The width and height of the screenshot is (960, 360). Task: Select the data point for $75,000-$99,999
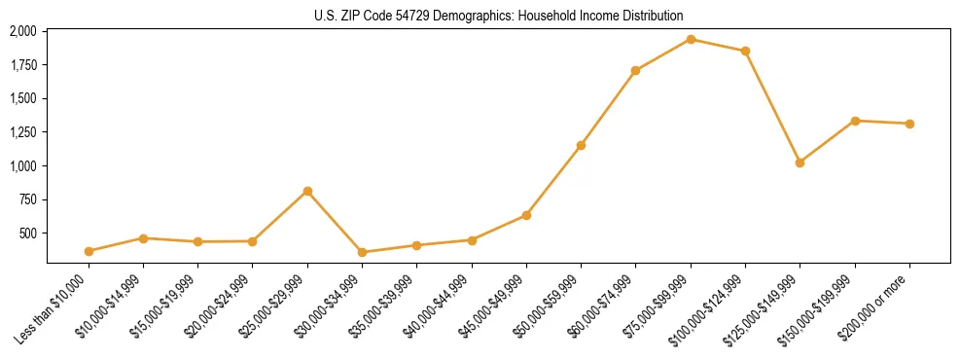691,39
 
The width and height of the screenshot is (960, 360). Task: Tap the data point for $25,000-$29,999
307,191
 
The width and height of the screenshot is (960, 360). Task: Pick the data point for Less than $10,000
89,251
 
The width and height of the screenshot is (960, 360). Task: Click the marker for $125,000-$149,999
800,162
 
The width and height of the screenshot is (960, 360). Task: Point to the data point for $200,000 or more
909,124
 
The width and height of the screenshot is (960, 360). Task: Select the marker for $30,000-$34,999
362,252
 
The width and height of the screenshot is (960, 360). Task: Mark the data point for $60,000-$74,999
635,70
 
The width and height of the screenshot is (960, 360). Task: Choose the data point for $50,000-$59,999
581,145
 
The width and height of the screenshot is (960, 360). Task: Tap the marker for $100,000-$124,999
745,51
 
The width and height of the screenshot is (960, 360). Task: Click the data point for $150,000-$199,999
855,121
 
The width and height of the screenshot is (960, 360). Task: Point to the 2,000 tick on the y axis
23,31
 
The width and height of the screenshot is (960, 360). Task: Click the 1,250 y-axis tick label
23,132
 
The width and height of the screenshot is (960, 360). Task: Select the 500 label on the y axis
28,234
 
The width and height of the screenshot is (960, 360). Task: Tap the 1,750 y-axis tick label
23,65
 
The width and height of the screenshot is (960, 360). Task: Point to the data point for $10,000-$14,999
143,237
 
